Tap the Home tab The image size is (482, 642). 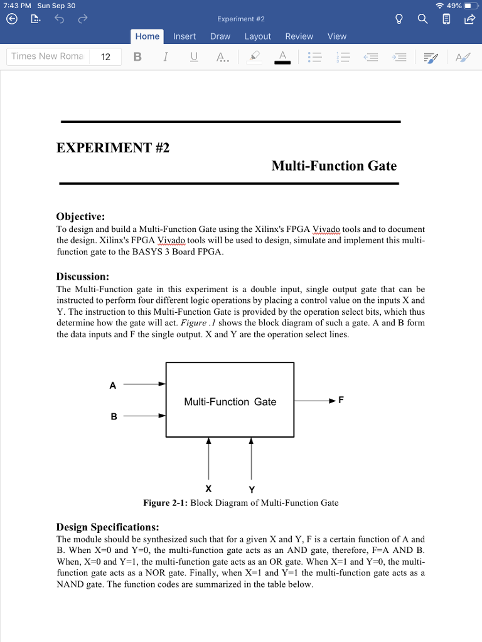pos(147,36)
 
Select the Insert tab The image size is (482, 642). pos(185,36)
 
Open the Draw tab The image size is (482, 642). pos(220,36)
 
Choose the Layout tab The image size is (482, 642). pos(257,36)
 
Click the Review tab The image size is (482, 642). pos(299,36)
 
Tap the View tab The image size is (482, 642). pos(337,36)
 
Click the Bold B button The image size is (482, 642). pos(137,57)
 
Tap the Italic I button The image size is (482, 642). pos(165,57)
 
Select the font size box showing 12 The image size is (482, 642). pos(105,57)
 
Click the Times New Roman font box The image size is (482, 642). pos(47,56)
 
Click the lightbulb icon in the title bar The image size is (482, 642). pos(399,19)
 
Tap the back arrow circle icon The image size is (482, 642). pos(11,19)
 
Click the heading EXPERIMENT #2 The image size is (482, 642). pos(113,148)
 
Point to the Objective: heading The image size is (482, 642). pos(80,217)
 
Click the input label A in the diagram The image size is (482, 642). pos(113,386)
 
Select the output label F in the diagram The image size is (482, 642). pos(341,399)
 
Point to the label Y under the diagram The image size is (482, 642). pos(251,489)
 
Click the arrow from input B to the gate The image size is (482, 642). pos(144,415)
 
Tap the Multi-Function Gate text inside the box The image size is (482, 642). pos(230,402)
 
